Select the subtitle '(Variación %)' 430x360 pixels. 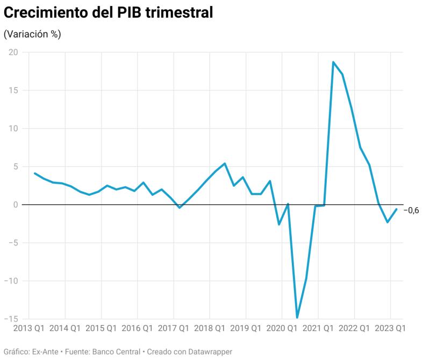32,34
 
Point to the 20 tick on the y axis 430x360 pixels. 12,52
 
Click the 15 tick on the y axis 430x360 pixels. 12,90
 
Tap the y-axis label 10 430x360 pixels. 12,129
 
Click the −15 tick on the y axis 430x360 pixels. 10,319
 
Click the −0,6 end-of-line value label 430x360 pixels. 411,210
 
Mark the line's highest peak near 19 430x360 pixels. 333,62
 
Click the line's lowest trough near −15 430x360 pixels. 297,317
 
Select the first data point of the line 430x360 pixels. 34,173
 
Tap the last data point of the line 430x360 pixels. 397,209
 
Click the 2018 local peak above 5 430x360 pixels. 225,164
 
